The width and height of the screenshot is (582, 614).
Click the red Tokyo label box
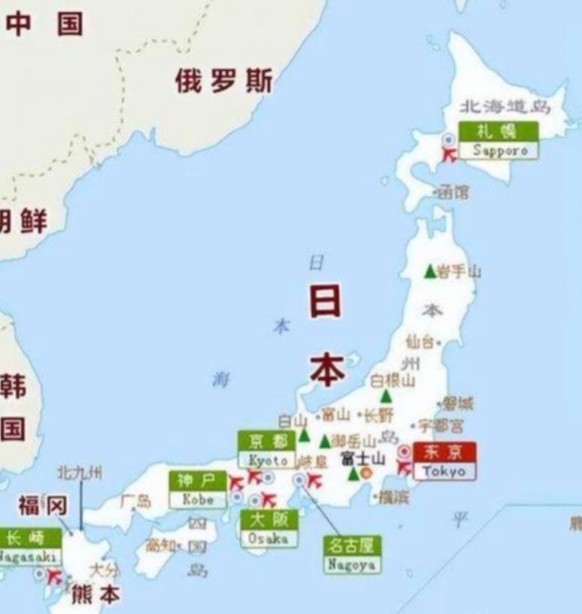[444, 462]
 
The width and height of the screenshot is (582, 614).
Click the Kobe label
[197, 490]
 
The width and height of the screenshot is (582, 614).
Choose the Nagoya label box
[350, 555]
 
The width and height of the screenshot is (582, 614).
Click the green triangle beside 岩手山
[430, 271]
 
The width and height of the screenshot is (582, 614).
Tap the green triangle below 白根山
[386, 396]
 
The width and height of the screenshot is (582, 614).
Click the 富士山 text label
[362, 458]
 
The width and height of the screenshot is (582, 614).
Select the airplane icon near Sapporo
[449, 155]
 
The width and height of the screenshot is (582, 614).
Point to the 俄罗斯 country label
[223, 81]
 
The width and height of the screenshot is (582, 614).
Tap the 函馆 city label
[453, 193]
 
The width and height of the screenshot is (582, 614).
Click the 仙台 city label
[419, 342]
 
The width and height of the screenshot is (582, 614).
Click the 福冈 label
[42, 506]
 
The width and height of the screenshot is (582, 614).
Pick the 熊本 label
[95, 596]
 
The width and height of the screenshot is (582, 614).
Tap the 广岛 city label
[135, 500]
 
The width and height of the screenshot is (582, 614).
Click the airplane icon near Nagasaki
[54, 577]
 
